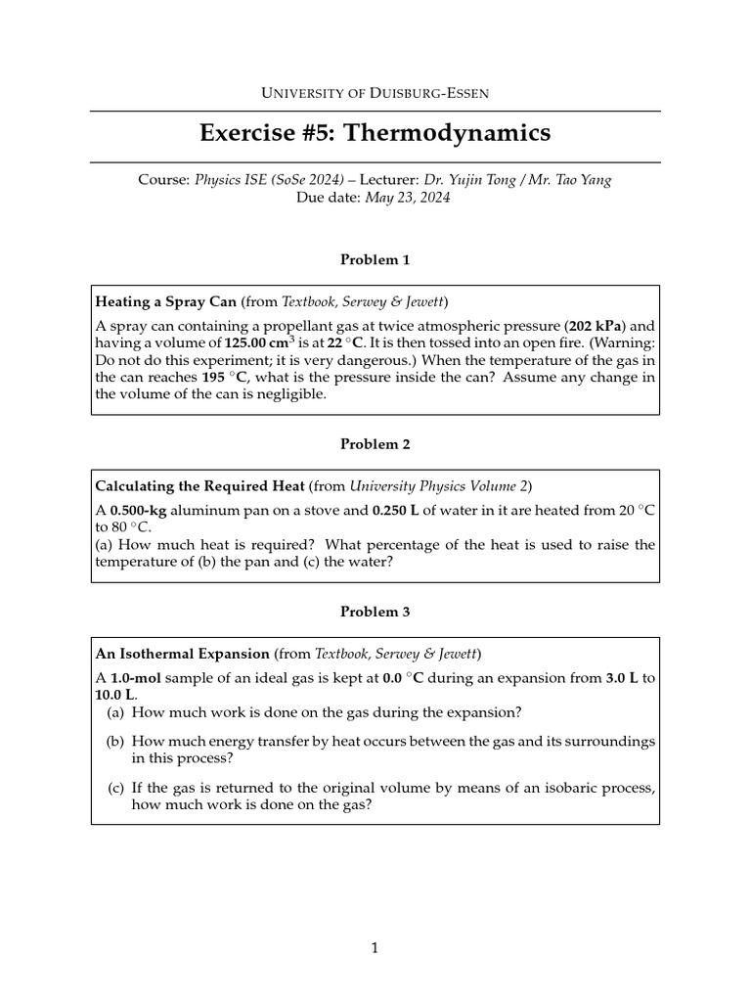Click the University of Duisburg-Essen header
[x=375, y=93]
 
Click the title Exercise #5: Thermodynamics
[x=375, y=133]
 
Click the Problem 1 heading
[x=375, y=259]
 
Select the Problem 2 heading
[x=375, y=443]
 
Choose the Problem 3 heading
[x=375, y=612]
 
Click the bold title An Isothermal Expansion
[x=182, y=653]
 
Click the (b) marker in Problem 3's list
[x=116, y=741]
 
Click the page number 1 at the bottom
[x=375, y=947]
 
